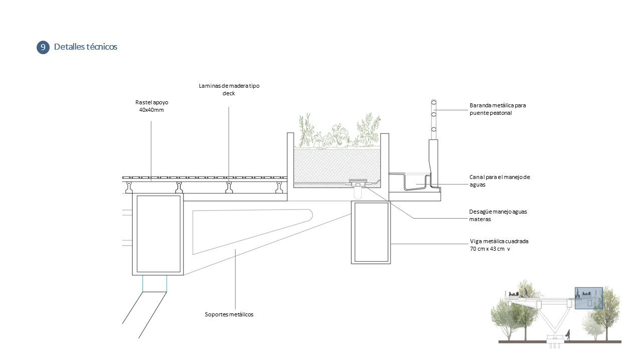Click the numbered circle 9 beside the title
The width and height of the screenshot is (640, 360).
(x=43, y=47)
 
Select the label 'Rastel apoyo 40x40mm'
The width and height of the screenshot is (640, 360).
(x=151, y=106)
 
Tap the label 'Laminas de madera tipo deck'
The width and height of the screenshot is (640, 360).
(x=229, y=89)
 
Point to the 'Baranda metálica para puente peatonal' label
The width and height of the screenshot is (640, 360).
(x=497, y=109)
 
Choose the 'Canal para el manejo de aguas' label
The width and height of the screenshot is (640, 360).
(x=499, y=181)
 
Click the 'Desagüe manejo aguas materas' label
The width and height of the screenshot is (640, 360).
(x=498, y=215)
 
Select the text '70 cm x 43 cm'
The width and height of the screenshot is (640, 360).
(x=489, y=249)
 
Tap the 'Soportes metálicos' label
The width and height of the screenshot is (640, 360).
(x=229, y=314)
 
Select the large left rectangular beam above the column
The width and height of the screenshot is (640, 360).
(x=158, y=234)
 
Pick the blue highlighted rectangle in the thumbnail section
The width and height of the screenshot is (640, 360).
(x=588, y=299)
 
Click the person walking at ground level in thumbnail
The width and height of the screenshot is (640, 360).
(x=568, y=334)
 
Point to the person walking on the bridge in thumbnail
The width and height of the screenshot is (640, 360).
(x=526, y=292)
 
